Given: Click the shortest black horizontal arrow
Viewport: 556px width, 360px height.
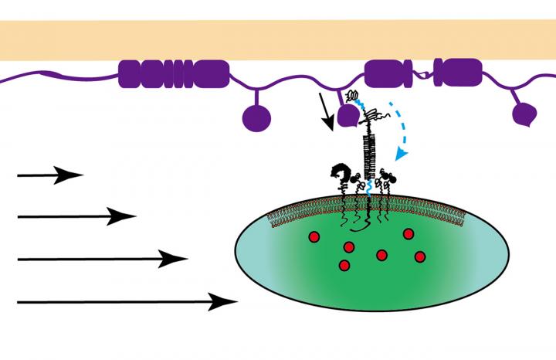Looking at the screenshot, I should point(49,175).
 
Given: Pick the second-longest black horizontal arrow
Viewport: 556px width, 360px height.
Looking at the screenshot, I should point(101,259).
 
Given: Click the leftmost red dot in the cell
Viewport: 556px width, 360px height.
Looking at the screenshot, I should point(315,236).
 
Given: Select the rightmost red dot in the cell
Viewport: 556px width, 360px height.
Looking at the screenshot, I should point(420,256).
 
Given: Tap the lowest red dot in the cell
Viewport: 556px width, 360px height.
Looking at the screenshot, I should point(344,266).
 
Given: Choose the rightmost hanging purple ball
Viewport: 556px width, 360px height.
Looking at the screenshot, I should point(524,114).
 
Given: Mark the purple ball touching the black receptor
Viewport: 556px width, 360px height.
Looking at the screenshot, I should point(347,117).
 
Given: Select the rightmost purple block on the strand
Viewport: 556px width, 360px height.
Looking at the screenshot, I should point(462,73).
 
